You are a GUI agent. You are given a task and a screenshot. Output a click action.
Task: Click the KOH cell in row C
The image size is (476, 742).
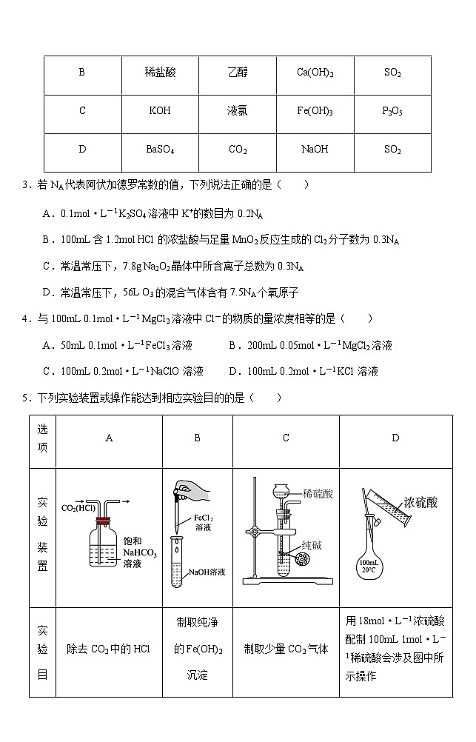(159, 111)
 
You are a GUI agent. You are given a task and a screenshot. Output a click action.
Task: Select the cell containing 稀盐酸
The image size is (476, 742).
(161, 73)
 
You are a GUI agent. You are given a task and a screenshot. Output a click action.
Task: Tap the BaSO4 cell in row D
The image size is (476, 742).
(160, 150)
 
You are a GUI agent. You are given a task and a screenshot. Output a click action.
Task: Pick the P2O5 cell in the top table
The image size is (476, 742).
(392, 111)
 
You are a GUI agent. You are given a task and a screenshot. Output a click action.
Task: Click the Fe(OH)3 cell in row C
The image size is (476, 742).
(315, 111)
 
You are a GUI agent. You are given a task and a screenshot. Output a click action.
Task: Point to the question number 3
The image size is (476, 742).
(25, 184)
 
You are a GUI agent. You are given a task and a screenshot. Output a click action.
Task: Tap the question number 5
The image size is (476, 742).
(25, 398)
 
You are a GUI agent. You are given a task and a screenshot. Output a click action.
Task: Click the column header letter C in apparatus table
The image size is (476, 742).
(286, 438)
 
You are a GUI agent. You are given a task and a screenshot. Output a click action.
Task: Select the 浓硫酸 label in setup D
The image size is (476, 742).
(421, 502)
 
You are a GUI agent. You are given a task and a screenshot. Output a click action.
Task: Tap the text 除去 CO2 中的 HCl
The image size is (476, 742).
(108, 649)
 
